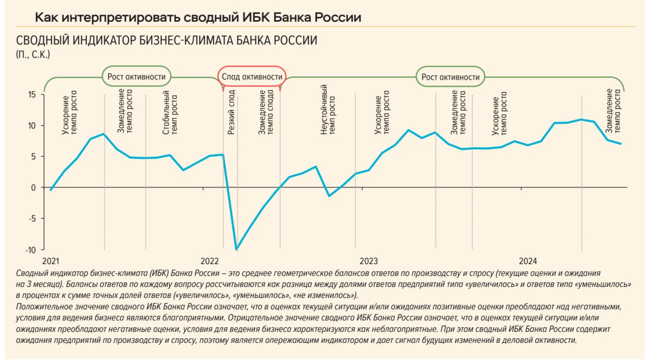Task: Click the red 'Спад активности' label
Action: [x=251, y=77]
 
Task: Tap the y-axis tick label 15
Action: [x=32, y=94]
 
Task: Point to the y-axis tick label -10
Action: [x=30, y=250]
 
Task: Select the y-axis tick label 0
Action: [x=34, y=188]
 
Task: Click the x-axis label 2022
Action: [x=210, y=261]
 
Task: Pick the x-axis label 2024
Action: [x=528, y=261]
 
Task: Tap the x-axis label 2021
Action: [x=50, y=261]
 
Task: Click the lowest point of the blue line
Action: [x=236, y=249]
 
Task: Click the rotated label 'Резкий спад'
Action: [x=231, y=116]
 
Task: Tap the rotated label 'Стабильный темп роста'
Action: [x=170, y=112]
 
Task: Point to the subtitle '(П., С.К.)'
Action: [x=33, y=54]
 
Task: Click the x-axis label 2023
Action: [x=369, y=261]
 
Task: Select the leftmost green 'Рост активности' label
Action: [x=137, y=77]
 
